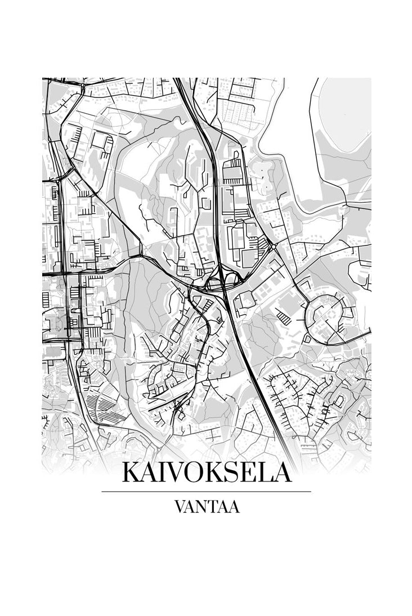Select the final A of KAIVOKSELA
(x=283, y=472)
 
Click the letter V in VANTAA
(x=180, y=507)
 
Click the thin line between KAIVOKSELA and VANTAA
(x=206, y=492)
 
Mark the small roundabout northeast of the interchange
(x=272, y=247)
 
